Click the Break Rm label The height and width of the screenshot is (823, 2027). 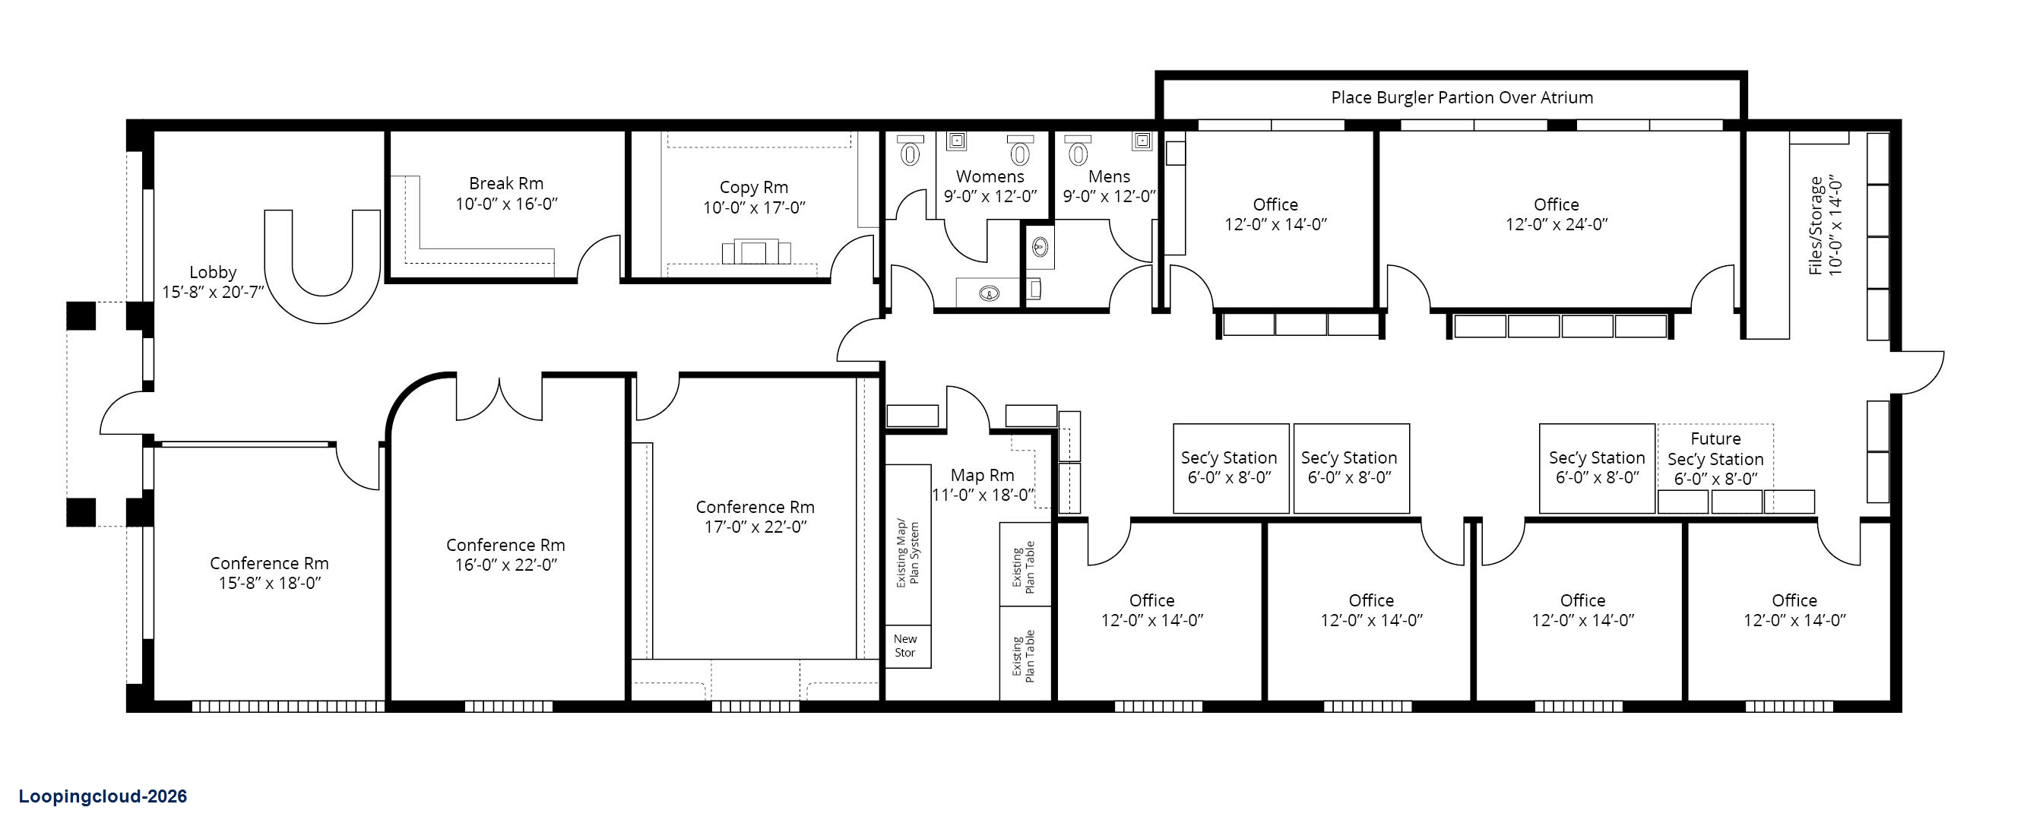pos(506,183)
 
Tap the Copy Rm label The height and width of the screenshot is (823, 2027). pos(754,187)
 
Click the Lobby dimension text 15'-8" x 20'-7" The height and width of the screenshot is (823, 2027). pos(214,293)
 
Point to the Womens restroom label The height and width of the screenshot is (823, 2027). pos(990,176)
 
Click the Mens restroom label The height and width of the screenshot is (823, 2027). pos(1109,176)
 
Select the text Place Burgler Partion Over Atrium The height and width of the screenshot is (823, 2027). pos(1462,97)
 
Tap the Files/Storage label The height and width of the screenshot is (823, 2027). pos(1815,226)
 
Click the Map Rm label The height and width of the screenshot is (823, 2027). pos(982,475)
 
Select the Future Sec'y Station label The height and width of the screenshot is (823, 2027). pos(1715,448)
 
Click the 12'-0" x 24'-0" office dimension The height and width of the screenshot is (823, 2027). pos(1557,224)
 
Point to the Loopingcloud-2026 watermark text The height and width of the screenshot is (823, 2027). pos(103,796)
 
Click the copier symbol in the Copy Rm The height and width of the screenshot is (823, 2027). pos(756,252)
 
